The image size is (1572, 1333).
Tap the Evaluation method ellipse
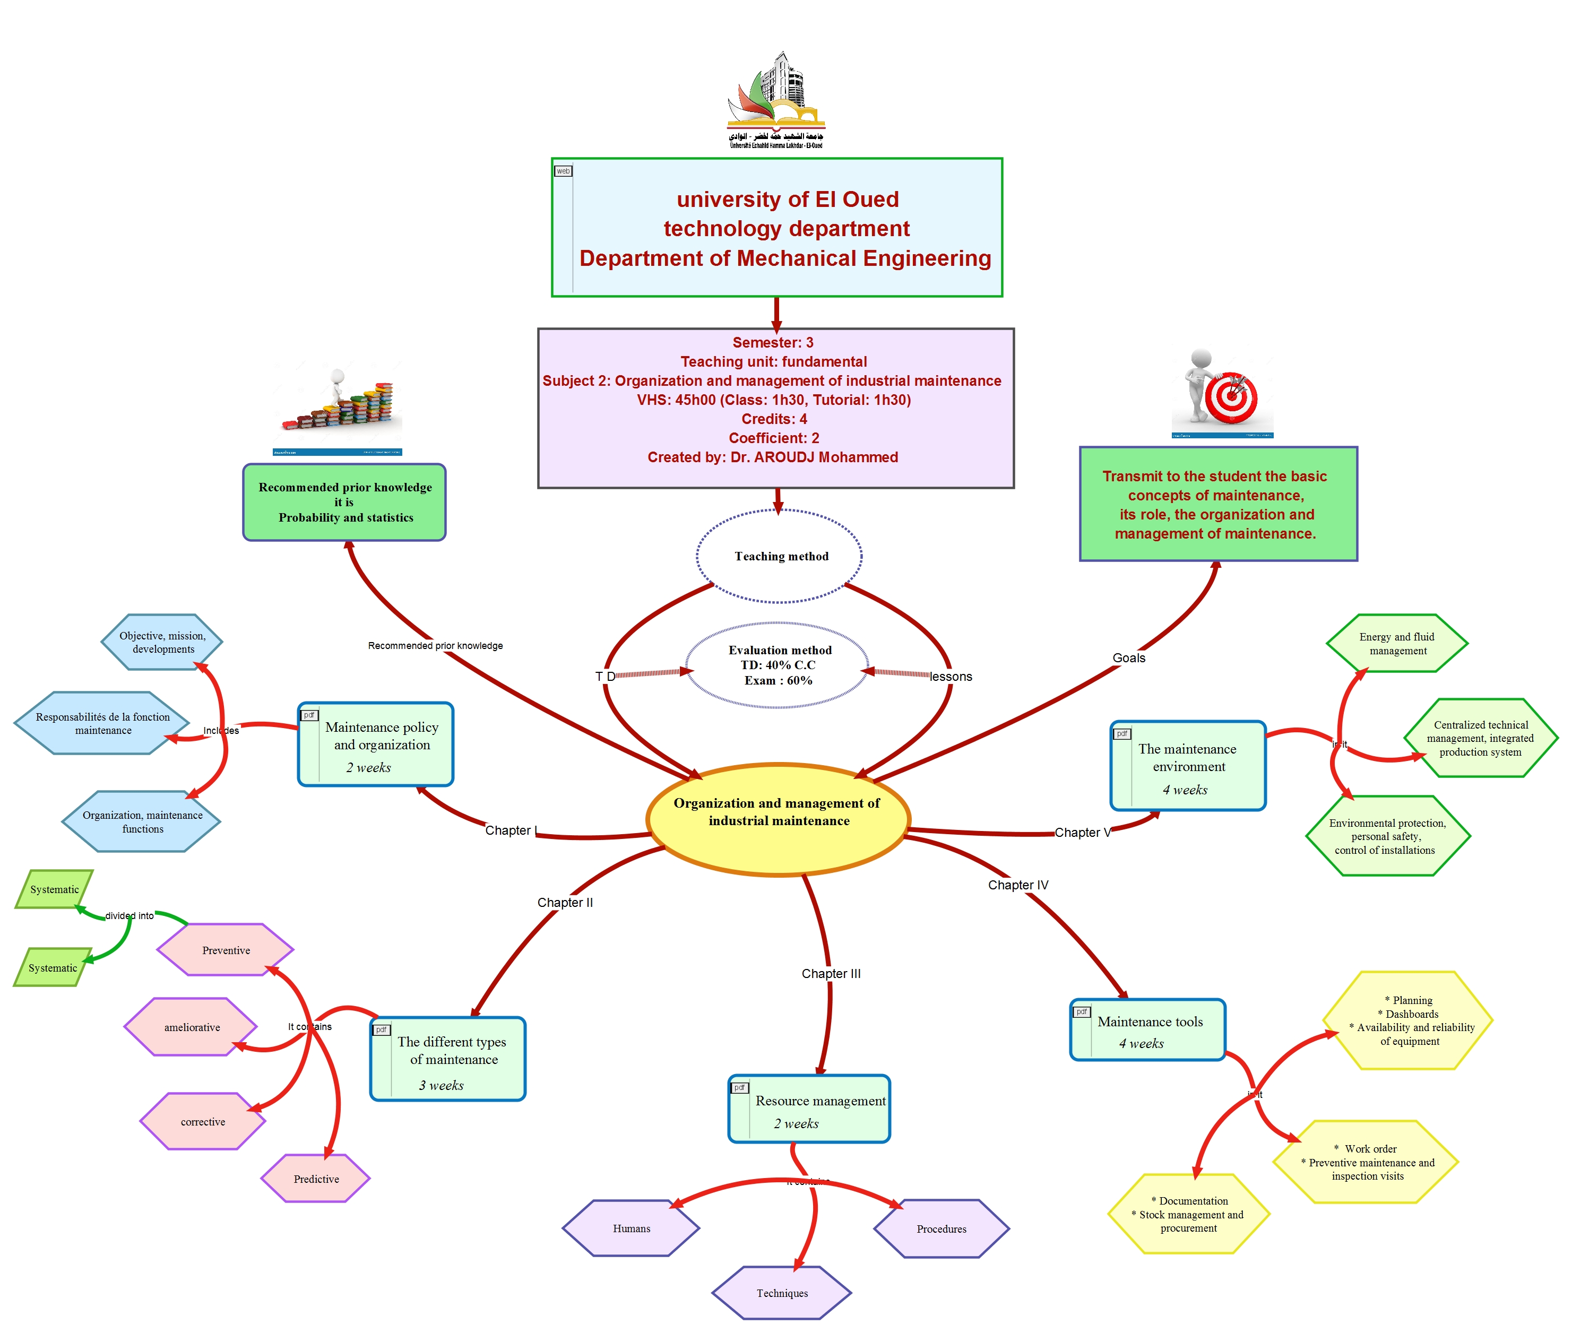[x=778, y=665]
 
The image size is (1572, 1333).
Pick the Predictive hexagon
[x=316, y=1179]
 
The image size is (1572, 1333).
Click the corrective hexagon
[x=203, y=1121]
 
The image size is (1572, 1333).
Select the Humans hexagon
[x=631, y=1228]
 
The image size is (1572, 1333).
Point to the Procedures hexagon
[x=941, y=1228]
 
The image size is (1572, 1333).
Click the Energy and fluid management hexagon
[x=1397, y=644]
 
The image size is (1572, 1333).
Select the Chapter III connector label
[x=831, y=973]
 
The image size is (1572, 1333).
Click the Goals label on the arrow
[x=1128, y=657]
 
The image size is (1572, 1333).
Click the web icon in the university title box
[x=563, y=171]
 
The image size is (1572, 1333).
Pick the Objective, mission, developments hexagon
[x=162, y=642]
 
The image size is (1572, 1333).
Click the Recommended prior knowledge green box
[x=344, y=503]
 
